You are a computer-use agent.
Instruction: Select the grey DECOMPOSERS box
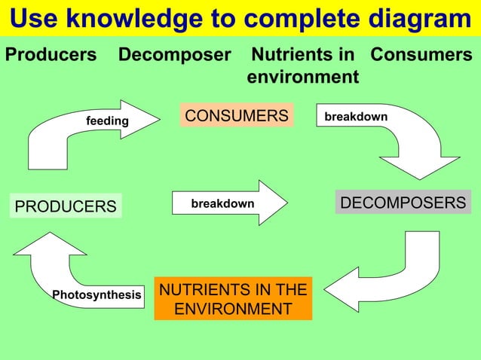[x=403, y=203]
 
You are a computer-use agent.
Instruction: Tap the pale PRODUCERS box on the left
[x=66, y=206]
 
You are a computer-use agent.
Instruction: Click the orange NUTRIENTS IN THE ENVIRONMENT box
[x=233, y=299]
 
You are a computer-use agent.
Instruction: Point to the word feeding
[x=107, y=121]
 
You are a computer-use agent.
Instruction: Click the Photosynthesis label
[x=97, y=294]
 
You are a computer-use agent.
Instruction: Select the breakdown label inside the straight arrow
[x=222, y=204]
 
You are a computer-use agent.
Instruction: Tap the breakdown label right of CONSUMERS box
[x=356, y=117]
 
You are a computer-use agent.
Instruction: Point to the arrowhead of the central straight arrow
[x=272, y=203]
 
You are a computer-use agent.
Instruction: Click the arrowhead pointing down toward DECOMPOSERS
[x=419, y=167]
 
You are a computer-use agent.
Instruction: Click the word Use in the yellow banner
[x=36, y=18]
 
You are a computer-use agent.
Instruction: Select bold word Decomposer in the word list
[x=174, y=55]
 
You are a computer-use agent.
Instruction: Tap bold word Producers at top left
[x=51, y=55]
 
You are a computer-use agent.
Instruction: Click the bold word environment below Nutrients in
[x=302, y=77]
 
